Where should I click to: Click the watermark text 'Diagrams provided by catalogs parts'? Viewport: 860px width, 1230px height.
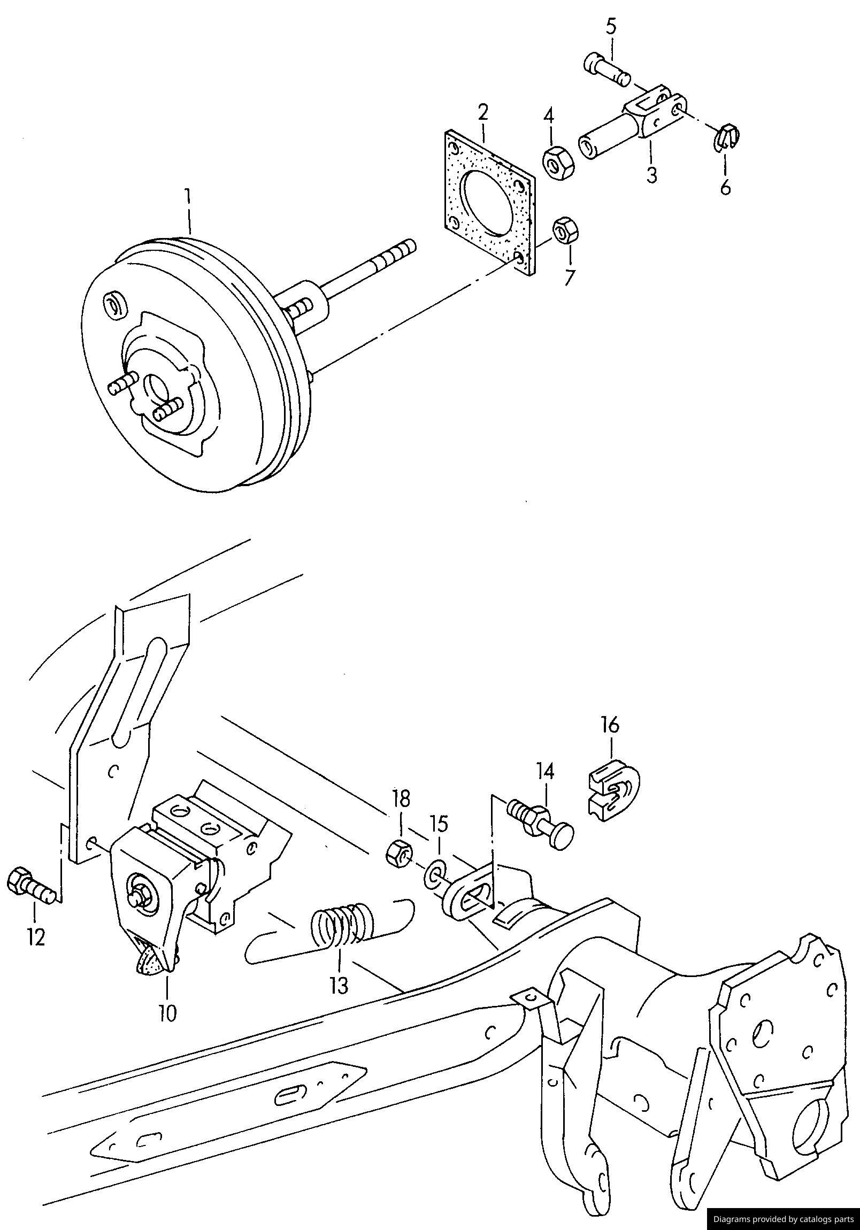pyautogui.click(x=783, y=1218)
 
